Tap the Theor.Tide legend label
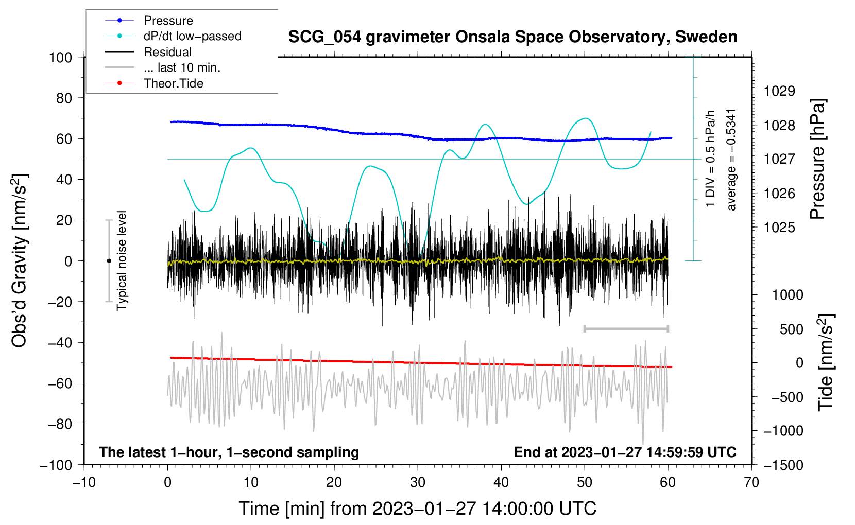[173, 83]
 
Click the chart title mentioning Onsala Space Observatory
[512, 37]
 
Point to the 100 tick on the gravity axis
[61, 58]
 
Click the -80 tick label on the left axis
[60, 424]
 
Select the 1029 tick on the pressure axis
[779, 91]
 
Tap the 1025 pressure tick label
[779, 227]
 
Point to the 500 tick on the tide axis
[791, 329]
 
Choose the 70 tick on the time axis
[751, 482]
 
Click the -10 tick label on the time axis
[84, 482]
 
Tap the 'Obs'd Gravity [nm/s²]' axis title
[19, 260]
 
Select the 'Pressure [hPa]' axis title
[817, 159]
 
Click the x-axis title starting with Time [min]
[418, 509]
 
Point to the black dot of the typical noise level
[109, 261]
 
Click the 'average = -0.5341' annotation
[731, 160]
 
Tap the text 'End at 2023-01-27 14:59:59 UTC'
[625, 452]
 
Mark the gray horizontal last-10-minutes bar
[626, 328]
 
